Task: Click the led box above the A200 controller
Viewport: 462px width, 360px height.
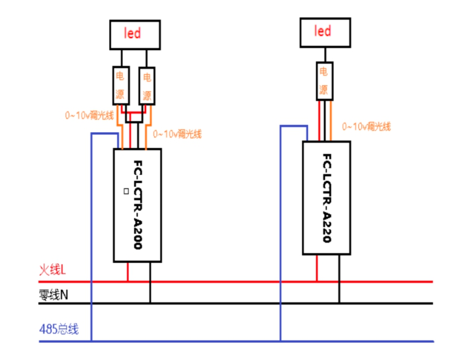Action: pyautogui.click(x=134, y=34)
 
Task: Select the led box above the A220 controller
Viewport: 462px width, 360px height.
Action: pyautogui.click(x=323, y=32)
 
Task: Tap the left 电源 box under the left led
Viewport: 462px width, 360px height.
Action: pyautogui.click(x=120, y=87)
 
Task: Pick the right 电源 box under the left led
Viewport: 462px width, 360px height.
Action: pyautogui.click(x=148, y=87)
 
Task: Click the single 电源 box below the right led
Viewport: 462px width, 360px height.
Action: pyautogui.click(x=323, y=81)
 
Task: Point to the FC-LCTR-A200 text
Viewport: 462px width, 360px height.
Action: pyautogui.click(x=137, y=205)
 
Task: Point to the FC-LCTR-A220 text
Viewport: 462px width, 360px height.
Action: pyautogui.click(x=327, y=198)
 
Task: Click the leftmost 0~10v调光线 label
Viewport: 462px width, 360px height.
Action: pyautogui.click(x=89, y=114)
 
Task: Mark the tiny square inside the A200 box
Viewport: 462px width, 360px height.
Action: pyautogui.click(x=126, y=191)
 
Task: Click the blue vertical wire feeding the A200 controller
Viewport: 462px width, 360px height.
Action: pyautogui.click(x=91, y=238)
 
